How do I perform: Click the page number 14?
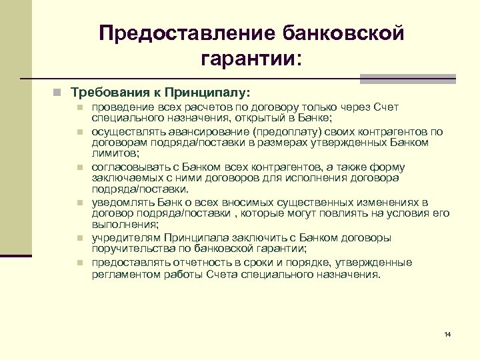tap(447, 333)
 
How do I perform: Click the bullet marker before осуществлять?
tap(79, 132)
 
